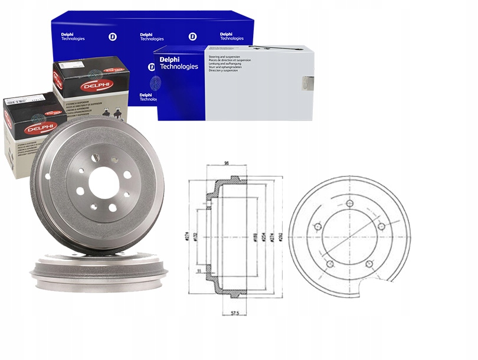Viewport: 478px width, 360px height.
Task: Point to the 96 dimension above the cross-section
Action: [227, 163]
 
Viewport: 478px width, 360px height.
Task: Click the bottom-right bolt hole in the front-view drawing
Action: [369, 263]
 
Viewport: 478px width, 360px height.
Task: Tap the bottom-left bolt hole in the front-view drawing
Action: [330, 263]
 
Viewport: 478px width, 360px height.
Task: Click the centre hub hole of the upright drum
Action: [104, 182]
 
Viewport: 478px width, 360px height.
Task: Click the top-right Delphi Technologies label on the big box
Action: [232, 36]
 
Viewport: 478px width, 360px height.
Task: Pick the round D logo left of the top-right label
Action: [192, 37]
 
